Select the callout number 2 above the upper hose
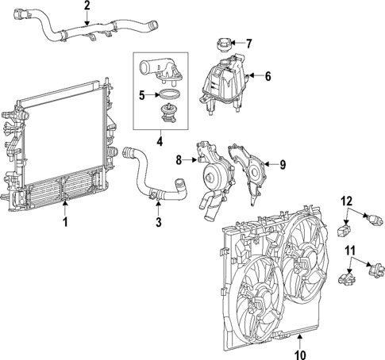[x=87, y=6]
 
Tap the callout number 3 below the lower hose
[x=158, y=223]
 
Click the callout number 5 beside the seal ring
[x=142, y=96]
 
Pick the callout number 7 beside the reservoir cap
[x=249, y=44]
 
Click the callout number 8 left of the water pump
[x=179, y=160]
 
